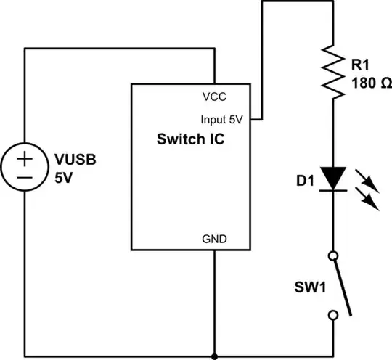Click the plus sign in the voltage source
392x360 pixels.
click(25, 158)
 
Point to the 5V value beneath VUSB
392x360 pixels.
click(63, 176)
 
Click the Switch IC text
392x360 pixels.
click(190, 140)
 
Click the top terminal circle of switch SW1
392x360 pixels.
click(333, 255)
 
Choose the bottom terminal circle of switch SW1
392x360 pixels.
click(333, 315)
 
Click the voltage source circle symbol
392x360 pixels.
click(25, 168)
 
